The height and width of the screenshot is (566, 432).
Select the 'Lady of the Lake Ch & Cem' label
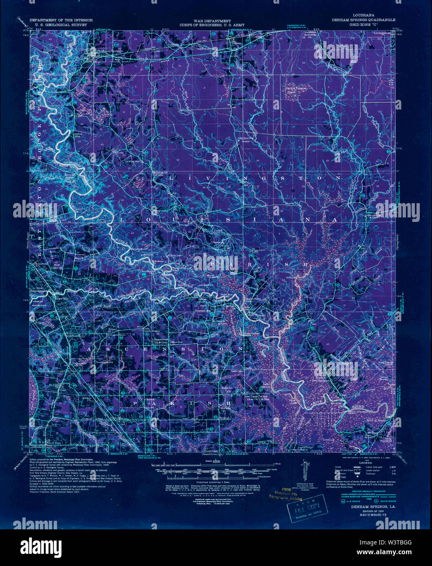[259, 398]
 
